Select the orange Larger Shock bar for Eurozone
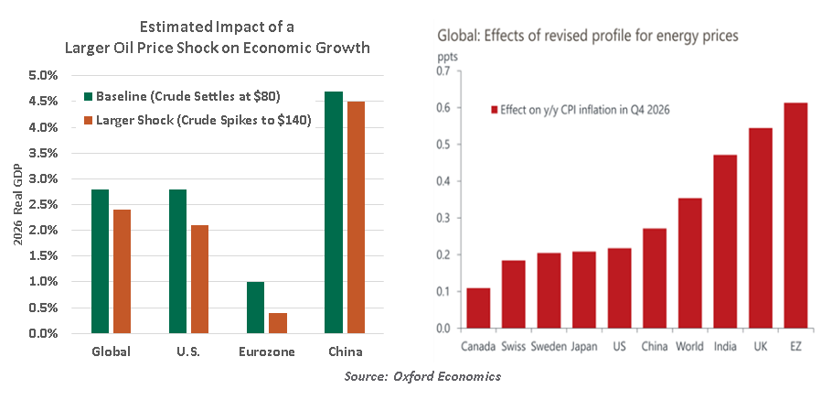276,323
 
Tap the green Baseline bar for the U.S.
177,261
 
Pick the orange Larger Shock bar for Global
122,272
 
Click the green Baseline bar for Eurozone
255,308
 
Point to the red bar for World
690,263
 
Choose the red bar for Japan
584,289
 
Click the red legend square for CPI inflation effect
495,110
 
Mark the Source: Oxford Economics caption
422,376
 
